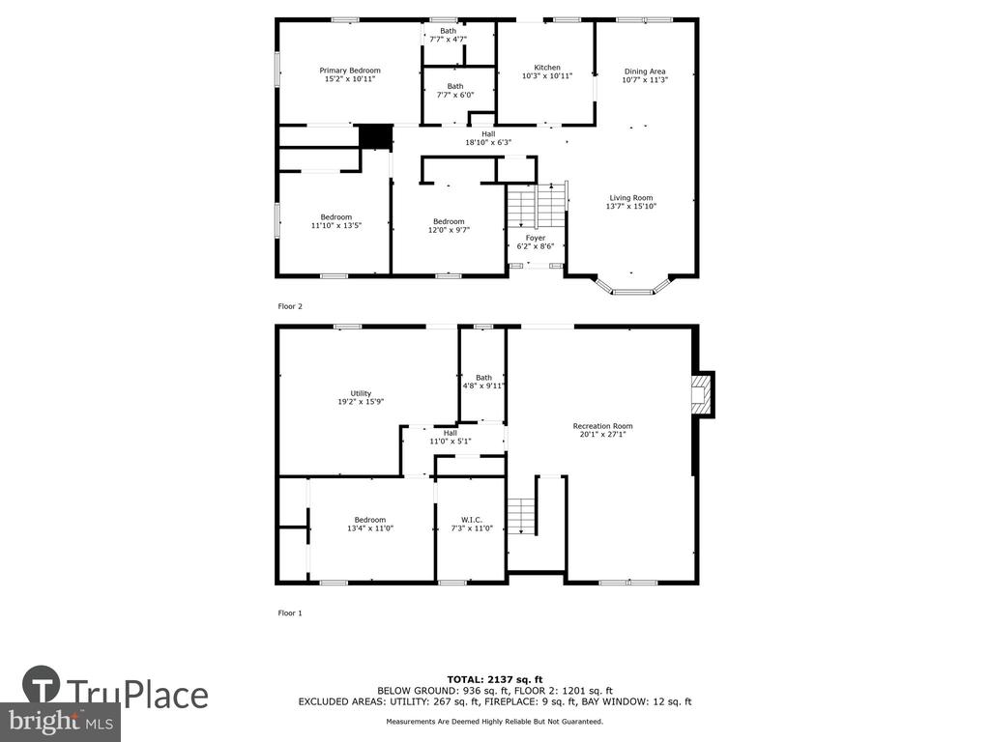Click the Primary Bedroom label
click(x=350, y=71)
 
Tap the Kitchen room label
click(x=547, y=68)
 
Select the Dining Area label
click(x=645, y=71)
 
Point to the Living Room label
click(x=630, y=198)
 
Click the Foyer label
click(x=536, y=238)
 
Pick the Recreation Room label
click(x=602, y=426)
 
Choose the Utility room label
click(x=362, y=394)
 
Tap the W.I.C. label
click(x=472, y=520)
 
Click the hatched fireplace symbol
click(x=700, y=394)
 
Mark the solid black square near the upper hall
click(x=376, y=137)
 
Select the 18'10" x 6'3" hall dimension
click(x=488, y=143)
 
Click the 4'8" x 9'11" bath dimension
click(x=483, y=385)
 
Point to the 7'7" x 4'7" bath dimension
click(x=448, y=39)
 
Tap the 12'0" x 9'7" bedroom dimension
click(x=449, y=230)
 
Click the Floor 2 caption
click(x=290, y=306)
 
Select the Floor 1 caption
click(x=290, y=614)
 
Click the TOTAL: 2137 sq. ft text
click(x=495, y=679)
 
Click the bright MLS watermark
click(x=61, y=722)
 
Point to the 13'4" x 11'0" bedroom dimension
click(x=370, y=528)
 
